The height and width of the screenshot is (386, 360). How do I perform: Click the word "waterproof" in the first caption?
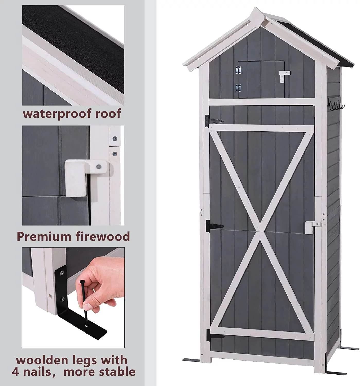58,113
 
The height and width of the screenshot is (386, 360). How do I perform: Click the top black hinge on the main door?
213,121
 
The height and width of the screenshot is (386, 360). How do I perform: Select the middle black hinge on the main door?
214,226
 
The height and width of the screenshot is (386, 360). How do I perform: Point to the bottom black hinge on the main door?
215,336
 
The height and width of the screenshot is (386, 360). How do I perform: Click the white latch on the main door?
312,227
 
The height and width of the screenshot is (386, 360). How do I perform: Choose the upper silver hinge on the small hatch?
238,70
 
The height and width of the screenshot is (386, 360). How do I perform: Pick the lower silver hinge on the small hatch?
238,88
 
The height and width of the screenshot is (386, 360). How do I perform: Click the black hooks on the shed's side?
336,104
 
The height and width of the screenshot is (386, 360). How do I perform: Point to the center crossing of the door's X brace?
260,231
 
